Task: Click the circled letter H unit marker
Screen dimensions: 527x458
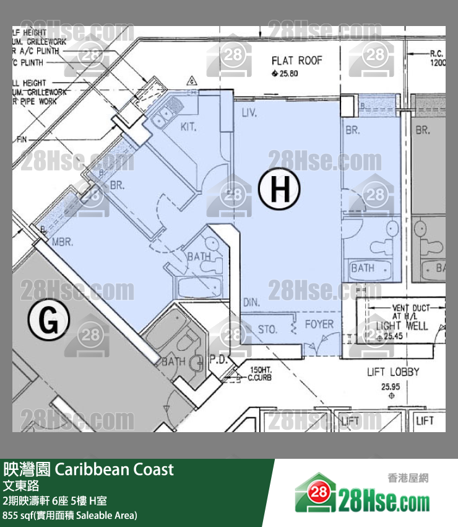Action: [280, 190]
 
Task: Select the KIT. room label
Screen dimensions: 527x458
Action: [189, 126]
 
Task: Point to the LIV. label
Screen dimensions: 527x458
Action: [250, 113]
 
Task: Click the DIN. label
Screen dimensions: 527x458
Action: [251, 303]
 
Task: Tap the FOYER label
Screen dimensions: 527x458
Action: [319, 324]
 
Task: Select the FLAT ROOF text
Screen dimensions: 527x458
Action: [297, 61]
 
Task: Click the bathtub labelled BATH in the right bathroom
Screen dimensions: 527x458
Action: [371, 269]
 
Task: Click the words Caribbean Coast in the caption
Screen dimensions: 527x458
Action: [114, 469]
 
